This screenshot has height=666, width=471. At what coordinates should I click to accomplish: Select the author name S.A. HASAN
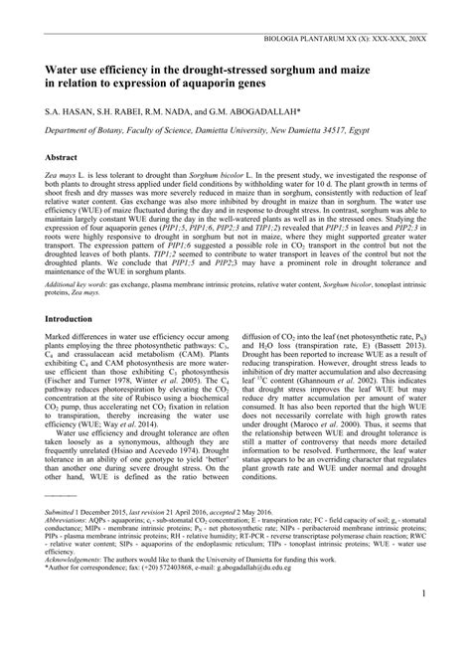click(x=67, y=113)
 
